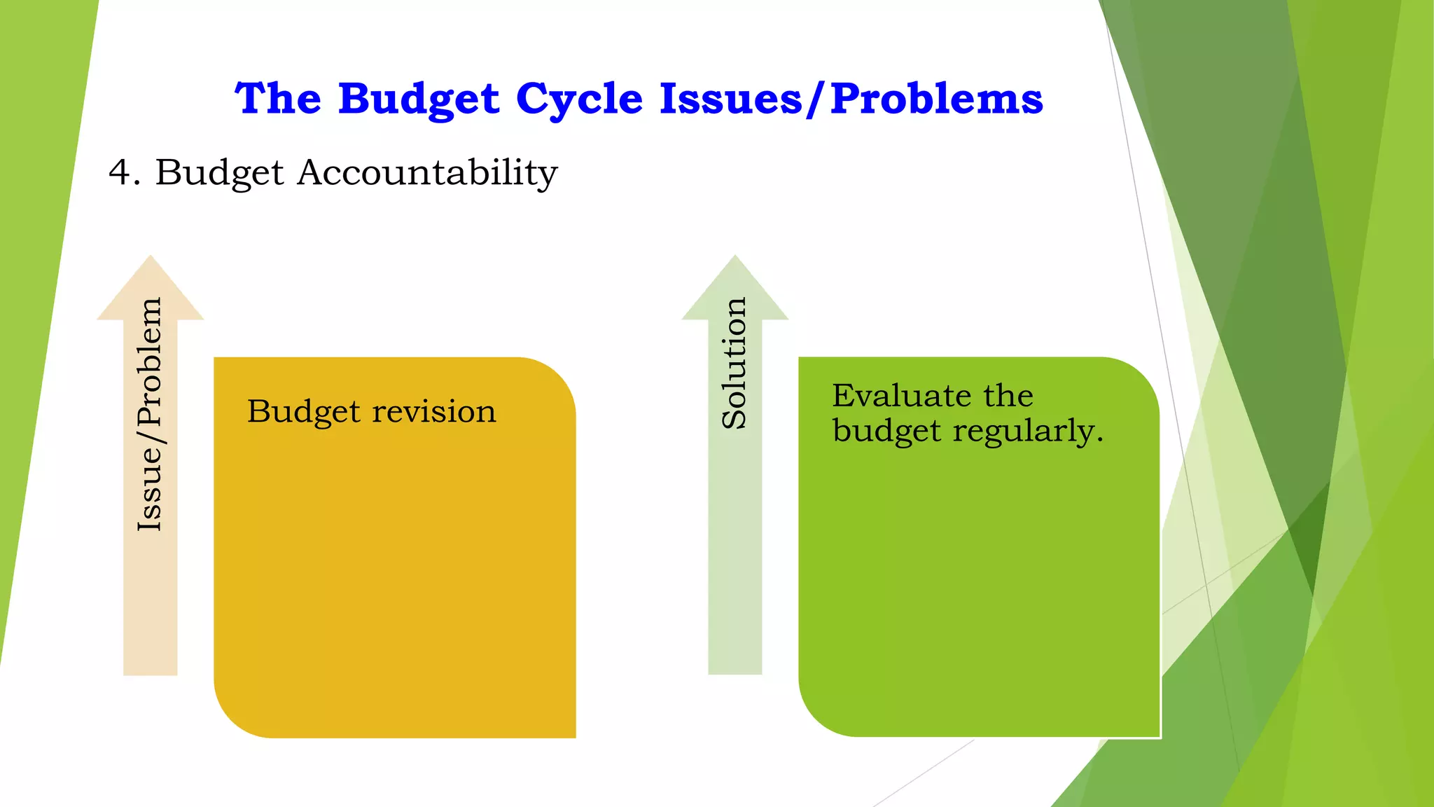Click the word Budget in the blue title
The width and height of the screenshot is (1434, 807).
[418, 99]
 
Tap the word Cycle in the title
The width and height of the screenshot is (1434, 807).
[579, 99]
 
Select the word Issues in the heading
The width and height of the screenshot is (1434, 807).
[731, 99]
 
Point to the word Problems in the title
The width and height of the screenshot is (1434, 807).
[937, 99]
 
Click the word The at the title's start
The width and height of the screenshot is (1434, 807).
[278, 99]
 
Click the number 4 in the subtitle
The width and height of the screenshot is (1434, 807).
[120, 172]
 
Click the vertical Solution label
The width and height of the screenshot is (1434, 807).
[735, 363]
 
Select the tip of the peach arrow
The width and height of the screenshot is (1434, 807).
[150, 258]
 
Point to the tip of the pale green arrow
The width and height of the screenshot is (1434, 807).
[735, 258]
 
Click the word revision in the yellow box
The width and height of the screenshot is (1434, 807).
[433, 411]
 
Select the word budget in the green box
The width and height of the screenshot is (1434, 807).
[886, 431]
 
